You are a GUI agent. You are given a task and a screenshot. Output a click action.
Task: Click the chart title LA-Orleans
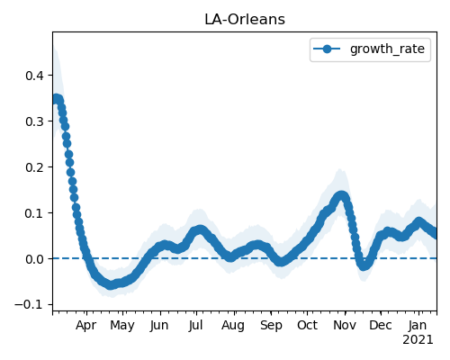click(x=245, y=20)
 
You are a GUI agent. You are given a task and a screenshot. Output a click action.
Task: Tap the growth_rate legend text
click(x=387, y=49)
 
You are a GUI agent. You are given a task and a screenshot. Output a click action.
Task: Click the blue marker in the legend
click(x=327, y=49)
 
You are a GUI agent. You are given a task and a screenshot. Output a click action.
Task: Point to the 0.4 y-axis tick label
click(x=35, y=76)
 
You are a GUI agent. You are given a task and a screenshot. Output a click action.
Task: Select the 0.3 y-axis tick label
click(x=35, y=121)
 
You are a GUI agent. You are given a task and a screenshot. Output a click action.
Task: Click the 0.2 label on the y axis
click(x=35, y=167)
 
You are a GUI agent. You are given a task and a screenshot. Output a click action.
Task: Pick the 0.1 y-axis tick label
click(x=35, y=213)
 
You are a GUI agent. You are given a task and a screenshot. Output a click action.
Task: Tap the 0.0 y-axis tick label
click(x=35, y=259)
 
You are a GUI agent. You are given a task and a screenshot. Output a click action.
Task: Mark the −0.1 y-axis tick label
click(x=30, y=305)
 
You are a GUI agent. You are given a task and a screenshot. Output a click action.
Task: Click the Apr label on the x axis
click(x=86, y=326)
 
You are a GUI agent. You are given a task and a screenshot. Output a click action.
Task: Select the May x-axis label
click(x=122, y=326)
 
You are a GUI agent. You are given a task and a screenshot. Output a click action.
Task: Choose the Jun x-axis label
click(x=159, y=326)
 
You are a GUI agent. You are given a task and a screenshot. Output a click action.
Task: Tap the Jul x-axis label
click(x=196, y=326)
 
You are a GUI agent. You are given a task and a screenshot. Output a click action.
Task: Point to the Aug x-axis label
click(x=233, y=326)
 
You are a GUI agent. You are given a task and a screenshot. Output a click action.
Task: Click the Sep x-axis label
click(x=271, y=326)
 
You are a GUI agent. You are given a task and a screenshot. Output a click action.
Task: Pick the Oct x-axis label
click(x=307, y=326)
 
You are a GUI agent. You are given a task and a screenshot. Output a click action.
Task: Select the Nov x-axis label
click(x=345, y=326)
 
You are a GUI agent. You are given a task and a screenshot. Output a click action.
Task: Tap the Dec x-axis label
click(x=381, y=326)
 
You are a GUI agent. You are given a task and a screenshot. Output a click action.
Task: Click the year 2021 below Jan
click(x=418, y=340)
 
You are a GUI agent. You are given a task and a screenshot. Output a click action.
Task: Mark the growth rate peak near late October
click(x=341, y=196)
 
